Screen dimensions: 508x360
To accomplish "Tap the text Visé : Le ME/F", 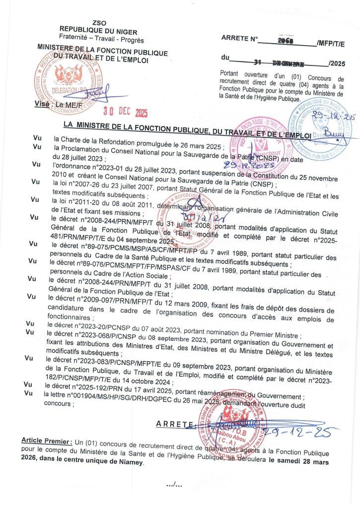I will click(55, 104).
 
